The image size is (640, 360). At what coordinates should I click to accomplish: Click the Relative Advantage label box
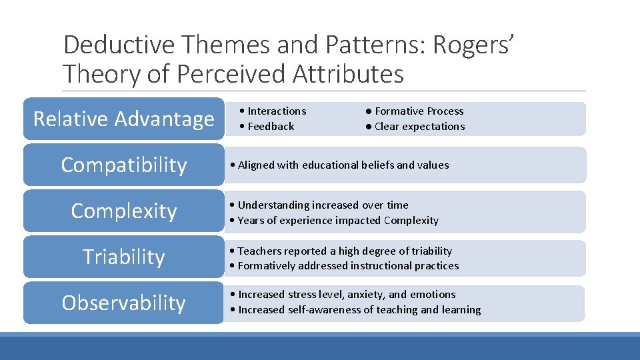click(123, 119)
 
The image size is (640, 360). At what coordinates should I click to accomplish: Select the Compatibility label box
click(123, 165)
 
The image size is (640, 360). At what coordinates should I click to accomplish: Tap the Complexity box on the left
click(123, 211)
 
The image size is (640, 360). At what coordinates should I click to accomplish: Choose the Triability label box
click(123, 257)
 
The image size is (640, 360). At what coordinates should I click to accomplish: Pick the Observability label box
click(123, 303)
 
